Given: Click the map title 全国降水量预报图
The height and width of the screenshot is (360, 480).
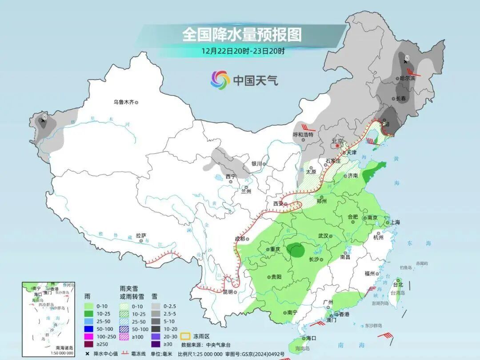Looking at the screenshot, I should pos(242,34).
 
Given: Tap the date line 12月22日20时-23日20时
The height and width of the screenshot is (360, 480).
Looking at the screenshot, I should pos(243,50).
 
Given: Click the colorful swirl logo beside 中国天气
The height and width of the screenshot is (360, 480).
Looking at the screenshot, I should pos(220,80).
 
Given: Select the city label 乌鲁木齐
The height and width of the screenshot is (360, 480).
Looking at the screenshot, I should pos(124,102).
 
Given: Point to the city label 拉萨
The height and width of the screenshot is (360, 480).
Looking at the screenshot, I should pos(141,236).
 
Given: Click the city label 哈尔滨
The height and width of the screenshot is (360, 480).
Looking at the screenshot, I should pos(407,78).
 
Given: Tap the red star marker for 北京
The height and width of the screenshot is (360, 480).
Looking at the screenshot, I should pos(338,145).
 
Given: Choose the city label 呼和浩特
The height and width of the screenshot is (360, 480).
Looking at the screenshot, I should pos(303,134).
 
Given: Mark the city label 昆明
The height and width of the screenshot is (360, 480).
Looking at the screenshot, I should pos(228,292).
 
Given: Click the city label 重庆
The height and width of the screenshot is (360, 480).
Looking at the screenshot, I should pos(275,249).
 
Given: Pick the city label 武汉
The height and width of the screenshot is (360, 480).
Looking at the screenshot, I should pos(323,236).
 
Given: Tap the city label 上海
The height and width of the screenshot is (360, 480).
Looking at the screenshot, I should pos(395,222).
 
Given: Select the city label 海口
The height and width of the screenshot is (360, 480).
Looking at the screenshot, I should pos(311,338).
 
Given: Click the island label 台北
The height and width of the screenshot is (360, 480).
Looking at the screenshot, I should pos(398,284).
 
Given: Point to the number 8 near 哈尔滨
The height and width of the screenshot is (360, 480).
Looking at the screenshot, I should pos(406,58).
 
